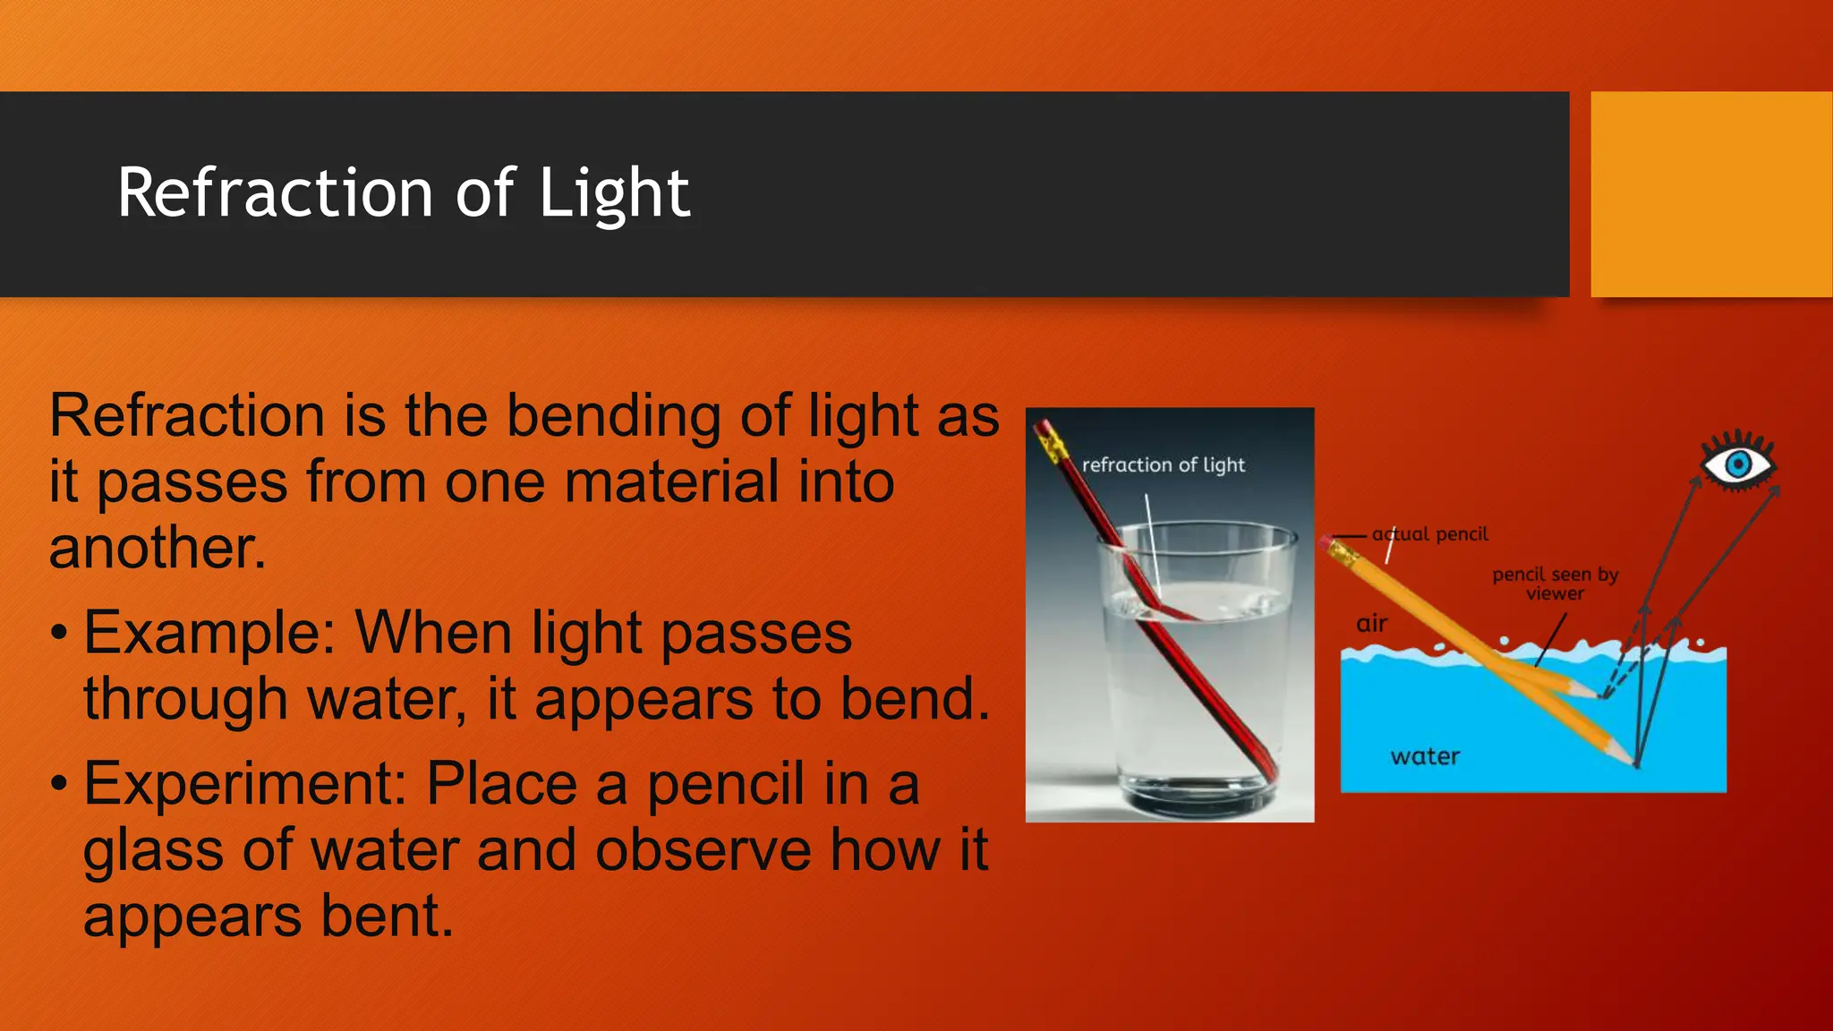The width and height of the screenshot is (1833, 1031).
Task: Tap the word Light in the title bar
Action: (614, 192)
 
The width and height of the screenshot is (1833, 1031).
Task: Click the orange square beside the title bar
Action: (1711, 193)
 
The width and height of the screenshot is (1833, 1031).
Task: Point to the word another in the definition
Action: (158, 547)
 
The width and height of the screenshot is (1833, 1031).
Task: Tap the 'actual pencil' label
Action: (1430, 534)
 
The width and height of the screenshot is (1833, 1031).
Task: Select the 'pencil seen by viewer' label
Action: (1556, 584)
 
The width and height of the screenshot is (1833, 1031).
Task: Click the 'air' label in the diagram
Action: (1372, 624)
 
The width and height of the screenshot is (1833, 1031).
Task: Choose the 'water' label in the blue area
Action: (1425, 757)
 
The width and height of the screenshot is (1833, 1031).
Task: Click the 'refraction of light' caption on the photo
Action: (1163, 464)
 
